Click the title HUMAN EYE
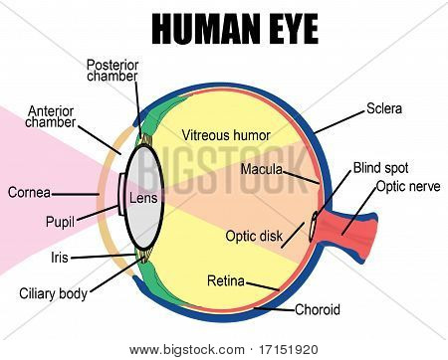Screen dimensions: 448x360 click(x=235, y=29)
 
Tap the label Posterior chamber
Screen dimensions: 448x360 click(x=112, y=71)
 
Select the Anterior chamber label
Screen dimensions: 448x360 click(x=51, y=116)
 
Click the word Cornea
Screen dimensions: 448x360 click(x=29, y=193)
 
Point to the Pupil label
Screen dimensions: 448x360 click(x=60, y=222)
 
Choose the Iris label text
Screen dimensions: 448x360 click(x=60, y=258)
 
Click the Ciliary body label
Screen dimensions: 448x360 click(x=53, y=294)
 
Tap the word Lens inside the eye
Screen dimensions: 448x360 click(x=143, y=198)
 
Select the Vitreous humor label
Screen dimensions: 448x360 click(x=226, y=135)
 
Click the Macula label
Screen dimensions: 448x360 click(x=261, y=169)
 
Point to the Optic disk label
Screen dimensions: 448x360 click(x=254, y=236)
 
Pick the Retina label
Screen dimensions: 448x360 click(x=226, y=280)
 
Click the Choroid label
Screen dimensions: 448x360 click(x=318, y=309)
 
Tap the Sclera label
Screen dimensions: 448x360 click(x=384, y=108)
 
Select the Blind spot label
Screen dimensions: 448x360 click(x=380, y=168)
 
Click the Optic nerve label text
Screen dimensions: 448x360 click(x=408, y=187)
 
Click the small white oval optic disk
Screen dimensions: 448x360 click(x=313, y=228)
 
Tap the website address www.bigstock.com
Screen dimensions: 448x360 click(x=187, y=350)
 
